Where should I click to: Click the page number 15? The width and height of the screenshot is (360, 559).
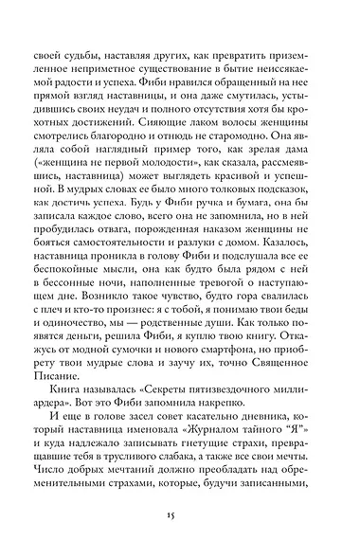point(179,514)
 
